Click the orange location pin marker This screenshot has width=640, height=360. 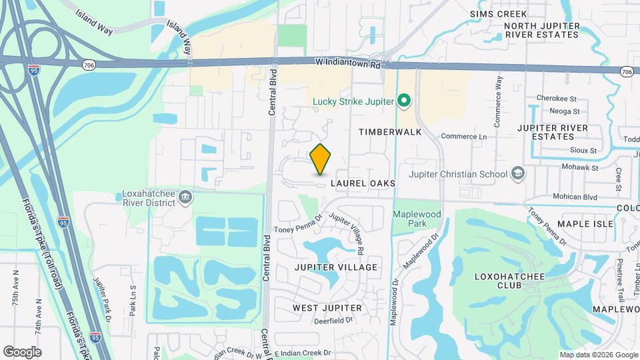coord(321,159)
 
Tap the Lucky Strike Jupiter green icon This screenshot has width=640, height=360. coord(403,101)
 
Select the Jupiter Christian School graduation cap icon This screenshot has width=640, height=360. coord(517,174)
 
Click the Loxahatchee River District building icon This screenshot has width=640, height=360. coord(185,197)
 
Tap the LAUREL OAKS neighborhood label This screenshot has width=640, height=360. coord(361,183)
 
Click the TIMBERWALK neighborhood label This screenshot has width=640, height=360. coord(390,132)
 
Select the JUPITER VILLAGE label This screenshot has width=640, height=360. coord(336,267)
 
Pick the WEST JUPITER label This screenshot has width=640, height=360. coord(327,308)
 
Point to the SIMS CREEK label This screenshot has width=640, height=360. coord(498,14)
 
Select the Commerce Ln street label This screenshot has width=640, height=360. coord(464,136)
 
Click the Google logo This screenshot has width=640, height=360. coord(22,351)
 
